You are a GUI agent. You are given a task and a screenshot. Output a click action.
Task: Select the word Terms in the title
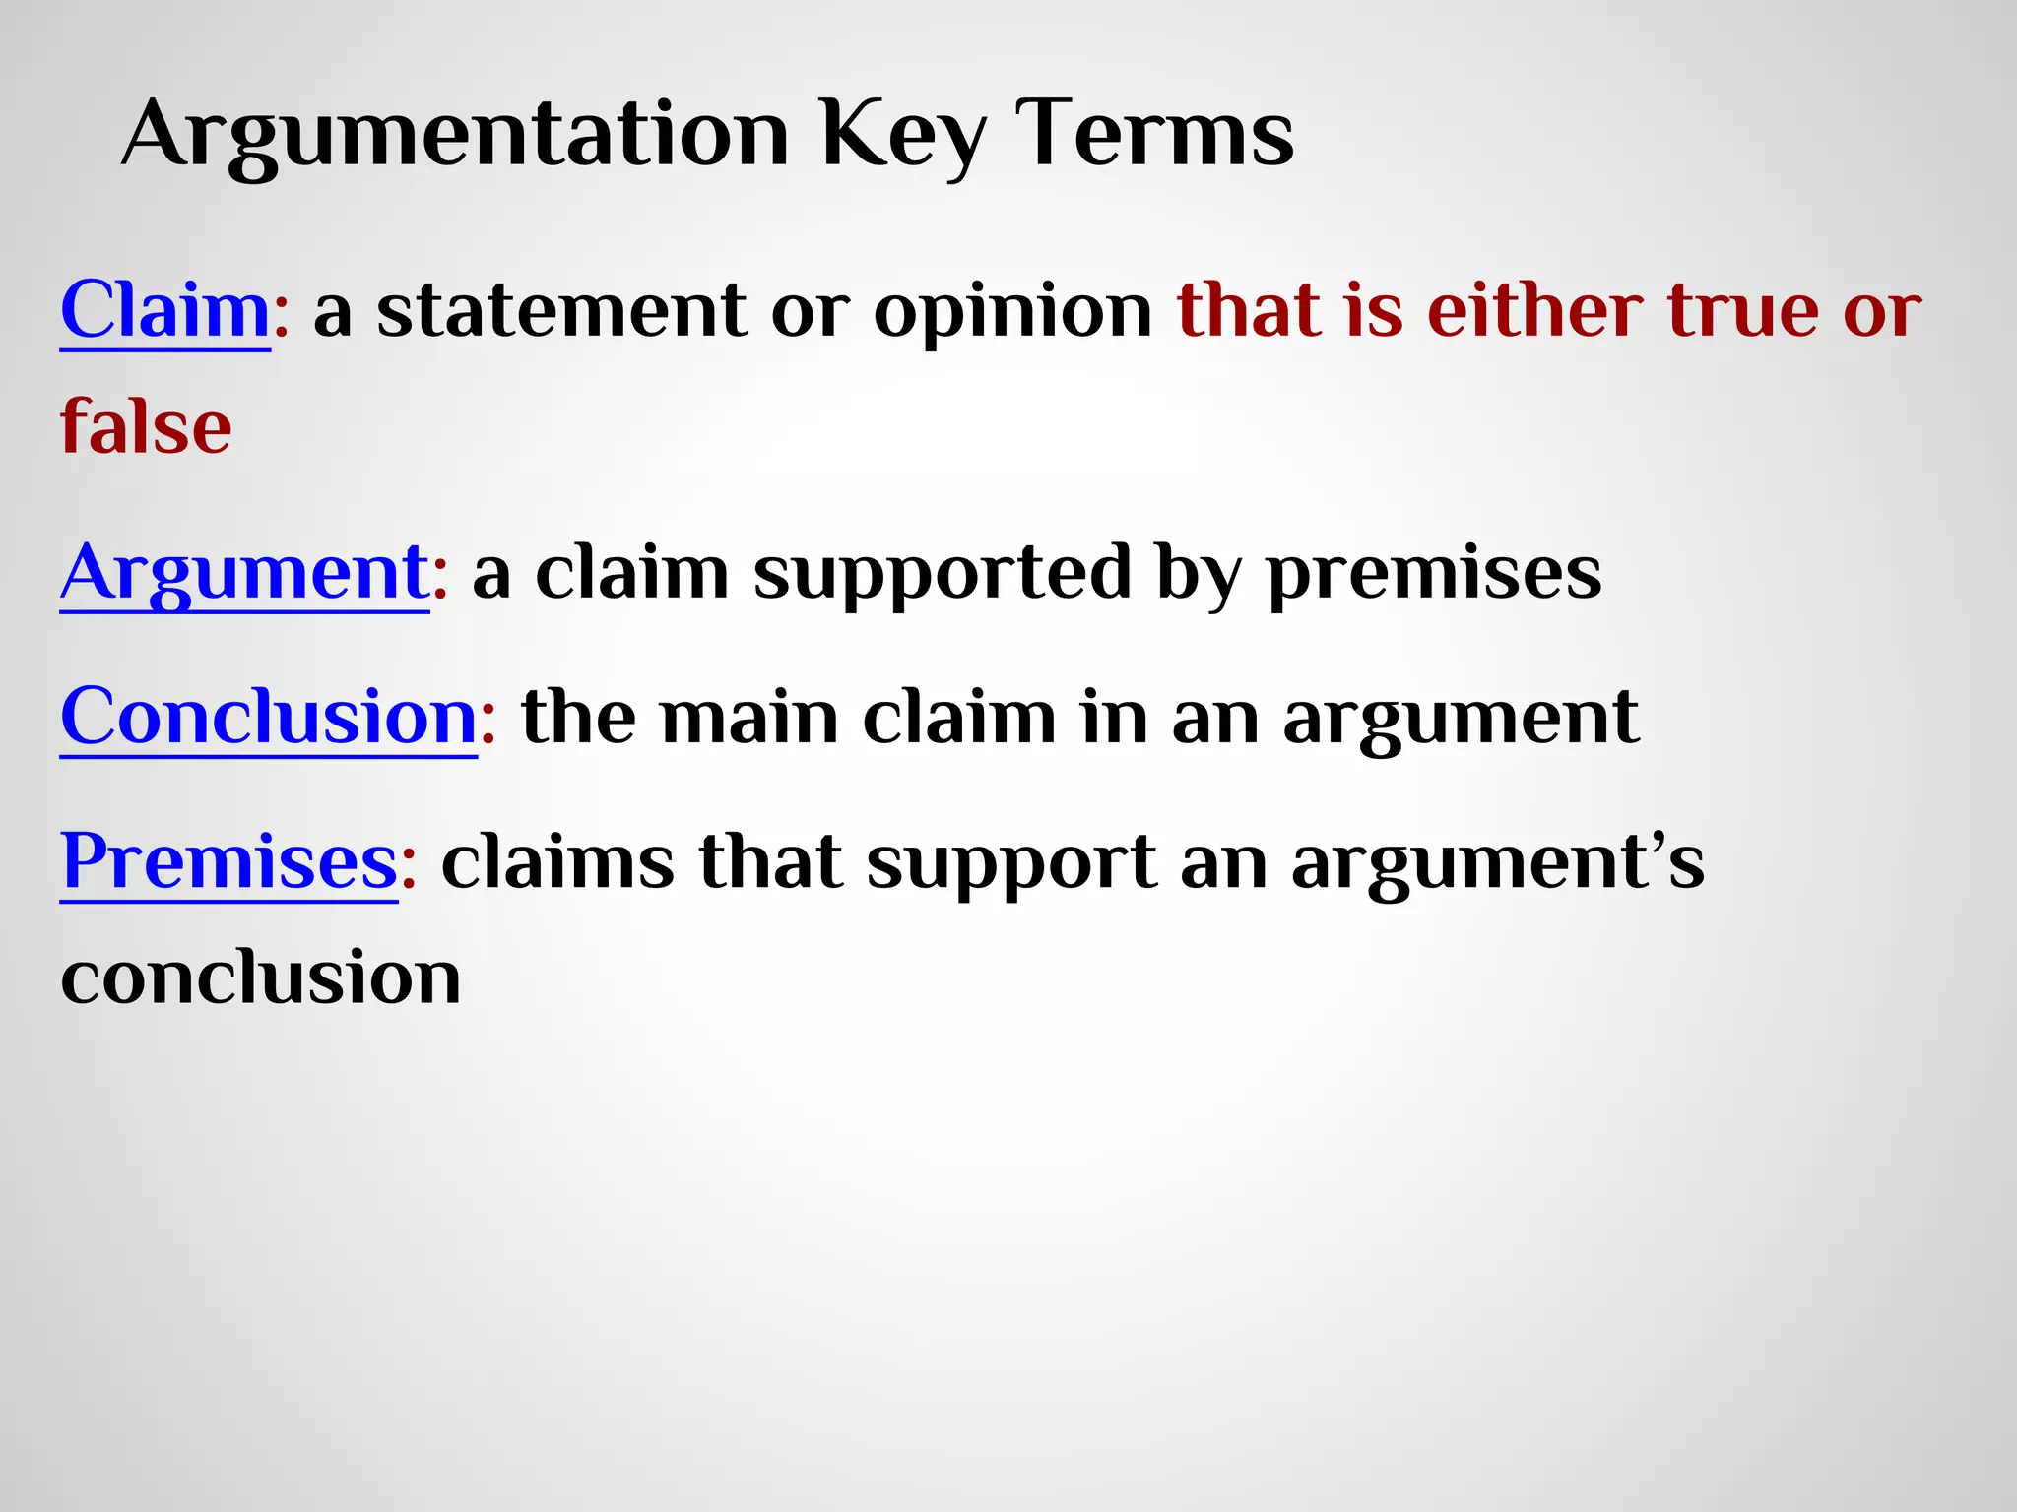click(1155, 134)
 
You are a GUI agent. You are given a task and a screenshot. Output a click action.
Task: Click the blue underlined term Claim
click(165, 310)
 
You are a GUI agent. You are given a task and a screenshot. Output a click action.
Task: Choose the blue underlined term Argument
click(244, 573)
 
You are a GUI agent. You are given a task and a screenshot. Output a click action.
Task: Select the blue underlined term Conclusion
click(269, 717)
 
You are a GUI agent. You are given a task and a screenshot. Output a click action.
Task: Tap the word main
click(748, 717)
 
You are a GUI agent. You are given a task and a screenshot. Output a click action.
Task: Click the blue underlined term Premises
click(228, 862)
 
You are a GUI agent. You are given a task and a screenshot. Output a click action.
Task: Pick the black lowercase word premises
click(1433, 575)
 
